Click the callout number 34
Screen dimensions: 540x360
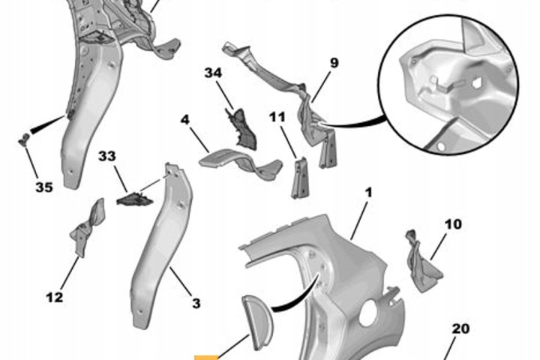coord(213,73)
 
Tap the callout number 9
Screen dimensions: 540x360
coord(334,63)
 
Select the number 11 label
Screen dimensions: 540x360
coord(277,117)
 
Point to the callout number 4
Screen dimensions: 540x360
coord(185,120)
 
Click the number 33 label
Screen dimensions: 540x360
coord(107,156)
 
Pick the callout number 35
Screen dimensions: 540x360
coord(44,187)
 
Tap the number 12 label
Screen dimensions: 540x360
coord(55,297)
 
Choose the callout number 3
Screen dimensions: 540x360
coord(196,304)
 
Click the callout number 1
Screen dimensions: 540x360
coord(369,193)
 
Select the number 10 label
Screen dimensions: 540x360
coord(453,224)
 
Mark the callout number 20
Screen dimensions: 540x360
coord(460,328)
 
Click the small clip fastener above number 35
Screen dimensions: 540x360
coord(24,139)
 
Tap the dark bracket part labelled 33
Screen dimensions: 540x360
coord(135,199)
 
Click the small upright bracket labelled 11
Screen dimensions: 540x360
coord(299,178)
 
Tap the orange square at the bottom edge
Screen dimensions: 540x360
coord(206,357)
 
